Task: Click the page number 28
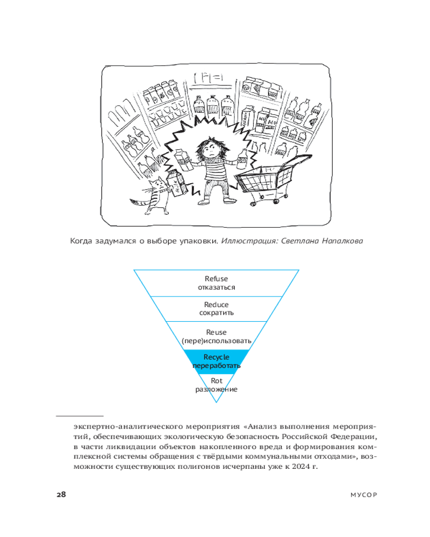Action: coord(61,494)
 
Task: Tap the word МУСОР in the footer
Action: coord(363,495)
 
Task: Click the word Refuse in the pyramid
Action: coord(217,279)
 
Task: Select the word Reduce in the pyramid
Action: coord(217,304)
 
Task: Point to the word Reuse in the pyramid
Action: coord(217,332)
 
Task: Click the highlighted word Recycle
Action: coord(217,357)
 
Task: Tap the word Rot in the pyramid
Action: coord(217,381)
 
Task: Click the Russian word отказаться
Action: coord(217,287)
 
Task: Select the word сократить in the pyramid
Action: coord(217,313)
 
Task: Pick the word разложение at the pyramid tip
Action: coord(217,389)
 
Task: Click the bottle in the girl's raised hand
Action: coord(243,159)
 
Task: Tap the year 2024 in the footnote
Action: coord(300,467)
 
